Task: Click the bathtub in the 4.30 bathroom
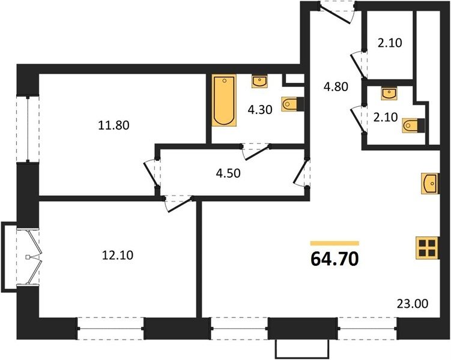tap(225, 100)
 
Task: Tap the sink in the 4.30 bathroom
tap(259, 82)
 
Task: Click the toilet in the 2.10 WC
tap(414, 125)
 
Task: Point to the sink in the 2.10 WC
tap(389, 94)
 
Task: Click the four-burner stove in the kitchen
tap(428, 248)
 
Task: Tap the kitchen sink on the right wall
tap(431, 184)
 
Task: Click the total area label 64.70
tap(335, 259)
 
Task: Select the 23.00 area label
tap(413, 304)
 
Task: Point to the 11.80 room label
tap(114, 125)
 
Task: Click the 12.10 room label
tap(118, 255)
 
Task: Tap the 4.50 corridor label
tap(228, 173)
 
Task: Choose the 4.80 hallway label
tap(336, 86)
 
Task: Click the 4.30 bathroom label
tap(260, 109)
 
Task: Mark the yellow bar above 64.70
tap(335, 244)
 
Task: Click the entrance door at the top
tap(337, 12)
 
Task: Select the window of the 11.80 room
tap(28, 129)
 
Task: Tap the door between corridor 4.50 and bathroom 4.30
tap(256, 151)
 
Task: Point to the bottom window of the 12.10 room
tap(110, 328)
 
